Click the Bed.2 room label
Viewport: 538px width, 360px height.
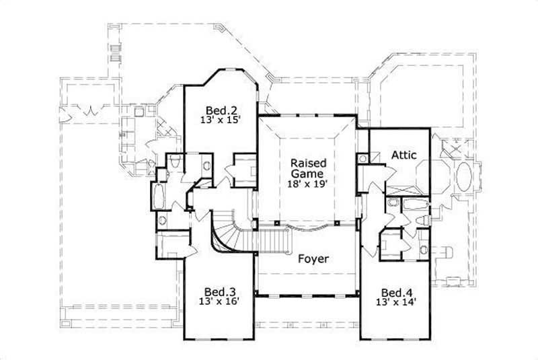220,110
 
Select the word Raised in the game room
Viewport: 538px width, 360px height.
309,163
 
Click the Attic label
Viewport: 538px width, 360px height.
404,155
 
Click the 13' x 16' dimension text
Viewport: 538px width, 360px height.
220,302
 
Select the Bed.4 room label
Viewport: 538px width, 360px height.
396,293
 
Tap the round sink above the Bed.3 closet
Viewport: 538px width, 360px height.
162,220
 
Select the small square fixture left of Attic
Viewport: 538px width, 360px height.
363,159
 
